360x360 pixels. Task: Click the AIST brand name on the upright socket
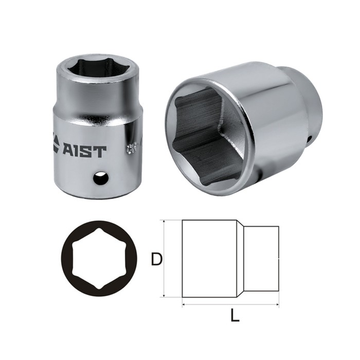pyautogui.click(x=85, y=152)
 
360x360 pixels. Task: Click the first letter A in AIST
pyautogui.click(x=69, y=152)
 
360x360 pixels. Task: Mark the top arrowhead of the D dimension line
pyautogui.click(x=164, y=222)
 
